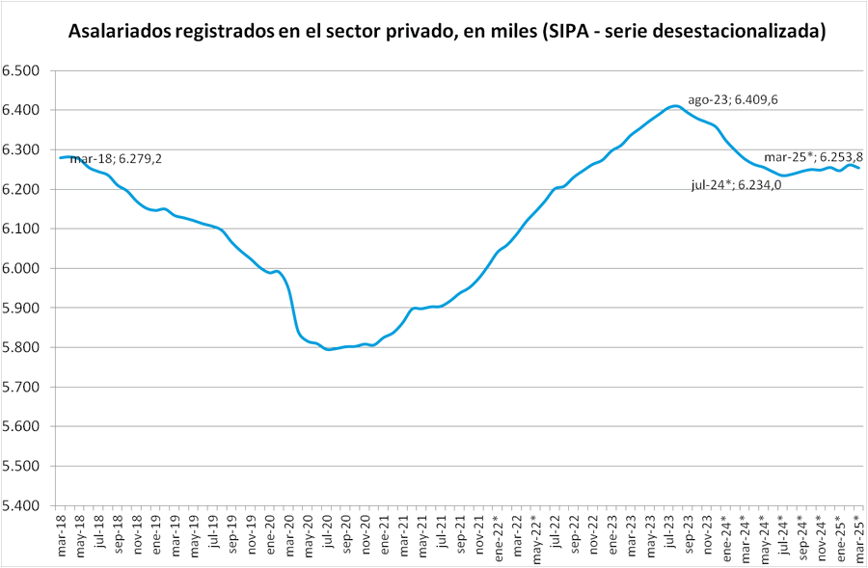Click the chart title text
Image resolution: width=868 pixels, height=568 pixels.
[x=447, y=31]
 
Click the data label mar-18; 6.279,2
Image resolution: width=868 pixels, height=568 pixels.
[x=116, y=159]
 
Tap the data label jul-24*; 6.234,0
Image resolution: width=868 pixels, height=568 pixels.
[x=736, y=186]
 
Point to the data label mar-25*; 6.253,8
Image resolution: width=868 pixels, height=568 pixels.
[x=813, y=157]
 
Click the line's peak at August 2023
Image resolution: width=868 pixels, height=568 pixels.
[x=677, y=106]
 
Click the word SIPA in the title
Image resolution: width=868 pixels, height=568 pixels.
[x=568, y=31]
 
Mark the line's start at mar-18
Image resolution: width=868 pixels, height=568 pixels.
[x=61, y=157]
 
